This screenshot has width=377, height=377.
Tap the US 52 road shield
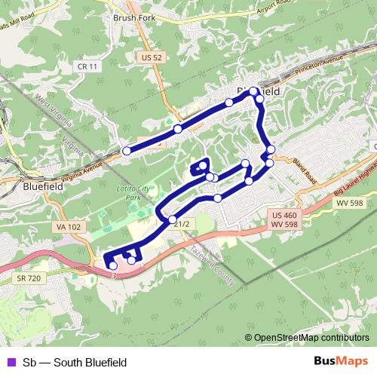pyautogui.click(x=152, y=57)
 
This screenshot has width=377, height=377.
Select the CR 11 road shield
pyautogui.click(x=88, y=66)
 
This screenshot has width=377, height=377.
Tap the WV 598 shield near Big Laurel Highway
pyautogui.click(x=349, y=203)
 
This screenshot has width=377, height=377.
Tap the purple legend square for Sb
pyautogui.click(x=10, y=363)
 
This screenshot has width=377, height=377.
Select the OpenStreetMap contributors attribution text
pyautogui.click(x=311, y=338)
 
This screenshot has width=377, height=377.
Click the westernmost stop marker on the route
pyautogui.click(x=127, y=151)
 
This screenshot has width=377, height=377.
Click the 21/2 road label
pyautogui.click(x=181, y=224)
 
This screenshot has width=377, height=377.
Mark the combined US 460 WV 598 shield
pyautogui.click(x=286, y=219)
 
